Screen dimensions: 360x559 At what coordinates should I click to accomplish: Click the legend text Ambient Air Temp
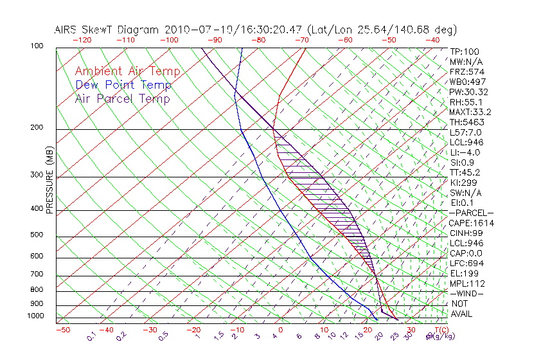(127, 71)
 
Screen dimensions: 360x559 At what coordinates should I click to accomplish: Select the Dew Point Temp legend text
(123, 85)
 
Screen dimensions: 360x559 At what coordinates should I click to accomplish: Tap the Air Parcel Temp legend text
(123, 98)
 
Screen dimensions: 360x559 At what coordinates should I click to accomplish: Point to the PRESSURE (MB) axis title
(49, 182)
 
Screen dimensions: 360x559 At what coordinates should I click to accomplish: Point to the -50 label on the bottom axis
(62, 330)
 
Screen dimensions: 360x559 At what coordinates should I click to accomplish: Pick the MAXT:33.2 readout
(472, 112)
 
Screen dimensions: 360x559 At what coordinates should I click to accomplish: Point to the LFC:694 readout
(466, 264)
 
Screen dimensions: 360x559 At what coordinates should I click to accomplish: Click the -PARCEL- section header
(472, 213)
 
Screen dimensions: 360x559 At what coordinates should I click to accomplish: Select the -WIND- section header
(467, 293)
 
